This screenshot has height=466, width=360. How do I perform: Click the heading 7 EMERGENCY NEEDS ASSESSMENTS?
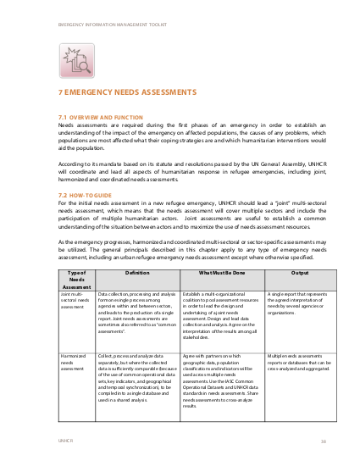tap(127, 91)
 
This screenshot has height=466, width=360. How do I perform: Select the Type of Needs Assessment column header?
tap(75, 279)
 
